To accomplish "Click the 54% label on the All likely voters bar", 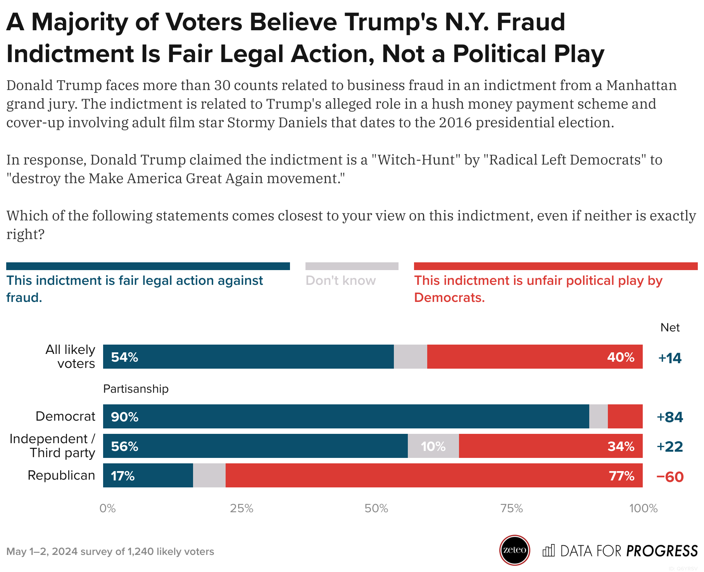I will [x=124, y=357].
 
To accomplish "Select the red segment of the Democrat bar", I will [x=625, y=416].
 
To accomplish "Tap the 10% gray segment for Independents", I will [x=433, y=446].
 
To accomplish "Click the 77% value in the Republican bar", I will [x=621, y=476].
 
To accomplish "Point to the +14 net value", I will [x=670, y=358].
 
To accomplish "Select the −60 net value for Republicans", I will [x=670, y=477].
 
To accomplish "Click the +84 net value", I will [x=670, y=417].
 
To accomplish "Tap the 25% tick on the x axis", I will [x=242, y=508].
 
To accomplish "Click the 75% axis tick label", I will [x=511, y=508].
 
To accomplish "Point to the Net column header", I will [x=670, y=328].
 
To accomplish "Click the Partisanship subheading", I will [x=136, y=389].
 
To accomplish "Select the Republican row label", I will [x=61, y=475].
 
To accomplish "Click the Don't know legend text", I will [x=340, y=281].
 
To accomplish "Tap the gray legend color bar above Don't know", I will [x=352, y=266].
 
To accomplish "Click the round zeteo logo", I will [x=514, y=550].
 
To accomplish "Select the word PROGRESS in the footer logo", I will [x=662, y=551].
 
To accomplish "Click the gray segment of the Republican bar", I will [x=209, y=475].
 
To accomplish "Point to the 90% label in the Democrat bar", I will [x=124, y=417].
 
